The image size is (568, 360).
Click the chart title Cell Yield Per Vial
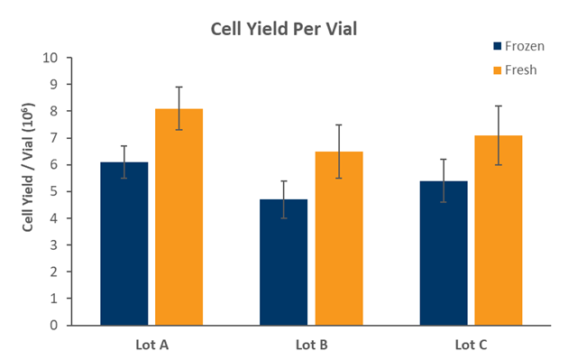284,28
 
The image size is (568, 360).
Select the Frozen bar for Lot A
124,244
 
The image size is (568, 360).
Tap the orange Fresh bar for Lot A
179,217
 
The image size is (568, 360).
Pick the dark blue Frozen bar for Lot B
283,262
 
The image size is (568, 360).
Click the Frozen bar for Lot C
443,253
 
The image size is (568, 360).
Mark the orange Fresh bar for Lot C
498,230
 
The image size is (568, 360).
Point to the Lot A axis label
151,344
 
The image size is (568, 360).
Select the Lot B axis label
311,344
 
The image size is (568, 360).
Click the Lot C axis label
471,344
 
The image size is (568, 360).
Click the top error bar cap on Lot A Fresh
179,88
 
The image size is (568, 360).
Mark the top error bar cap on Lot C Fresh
498,106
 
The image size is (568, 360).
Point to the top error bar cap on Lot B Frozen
283,181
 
